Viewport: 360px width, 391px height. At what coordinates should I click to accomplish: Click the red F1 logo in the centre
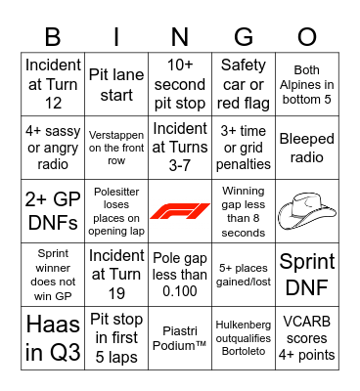[180, 211]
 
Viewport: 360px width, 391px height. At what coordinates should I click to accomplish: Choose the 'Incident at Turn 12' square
[53, 83]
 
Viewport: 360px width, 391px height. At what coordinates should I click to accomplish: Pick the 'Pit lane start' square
[116, 83]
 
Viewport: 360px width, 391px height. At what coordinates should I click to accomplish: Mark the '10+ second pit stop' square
[180, 83]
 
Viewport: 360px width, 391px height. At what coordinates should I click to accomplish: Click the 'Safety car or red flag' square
[244, 83]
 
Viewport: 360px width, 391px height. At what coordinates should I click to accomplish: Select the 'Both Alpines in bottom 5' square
[307, 83]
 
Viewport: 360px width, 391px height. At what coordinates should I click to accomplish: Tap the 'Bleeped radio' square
[307, 147]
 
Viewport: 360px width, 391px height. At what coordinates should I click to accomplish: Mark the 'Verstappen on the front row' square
[116, 147]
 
